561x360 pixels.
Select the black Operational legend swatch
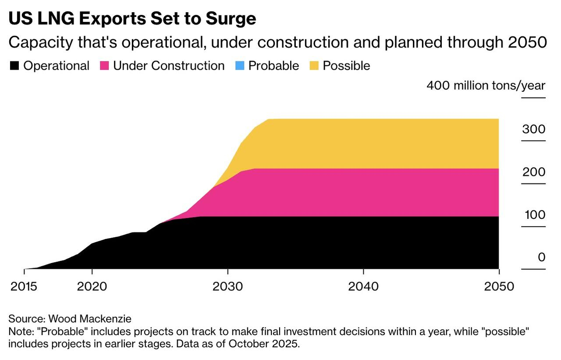(x=14, y=66)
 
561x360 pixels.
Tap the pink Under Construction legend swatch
(x=104, y=66)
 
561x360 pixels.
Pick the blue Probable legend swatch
(x=239, y=66)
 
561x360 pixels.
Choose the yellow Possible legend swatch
(x=314, y=66)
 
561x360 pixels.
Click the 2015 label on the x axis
(x=24, y=286)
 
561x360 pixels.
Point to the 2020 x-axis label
(x=92, y=286)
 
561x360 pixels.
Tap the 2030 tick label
(x=227, y=286)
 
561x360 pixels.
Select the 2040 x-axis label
(x=363, y=286)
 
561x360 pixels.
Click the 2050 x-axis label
(x=499, y=286)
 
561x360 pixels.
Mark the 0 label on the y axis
(x=541, y=257)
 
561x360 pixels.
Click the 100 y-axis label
(x=535, y=215)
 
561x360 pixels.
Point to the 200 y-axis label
(x=534, y=172)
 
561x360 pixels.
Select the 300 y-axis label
(x=534, y=129)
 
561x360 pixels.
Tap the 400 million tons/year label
(x=486, y=85)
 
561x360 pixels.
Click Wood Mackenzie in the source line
(x=89, y=318)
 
